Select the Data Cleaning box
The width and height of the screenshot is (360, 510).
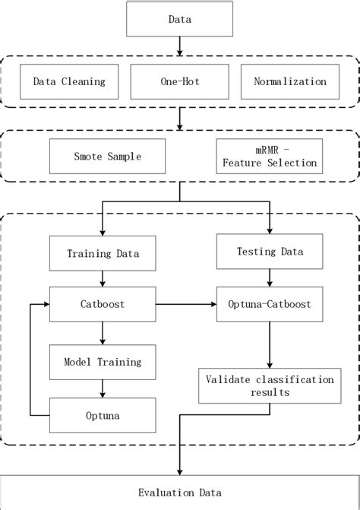pyautogui.click(x=69, y=82)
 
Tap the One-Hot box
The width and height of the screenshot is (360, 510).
pyautogui.click(x=179, y=82)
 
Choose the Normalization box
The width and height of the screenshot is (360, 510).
pyautogui.click(x=289, y=82)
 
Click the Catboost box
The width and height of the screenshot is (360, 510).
pyautogui.click(x=102, y=304)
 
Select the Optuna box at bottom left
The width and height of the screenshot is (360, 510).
pyautogui.click(x=102, y=415)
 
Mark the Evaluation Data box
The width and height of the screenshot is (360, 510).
pyautogui.click(x=179, y=491)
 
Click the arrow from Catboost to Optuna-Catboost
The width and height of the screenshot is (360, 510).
pyautogui.click(x=185, y=304)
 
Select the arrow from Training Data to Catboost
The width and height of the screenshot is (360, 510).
pyautogui.click(x=102, y=279)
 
